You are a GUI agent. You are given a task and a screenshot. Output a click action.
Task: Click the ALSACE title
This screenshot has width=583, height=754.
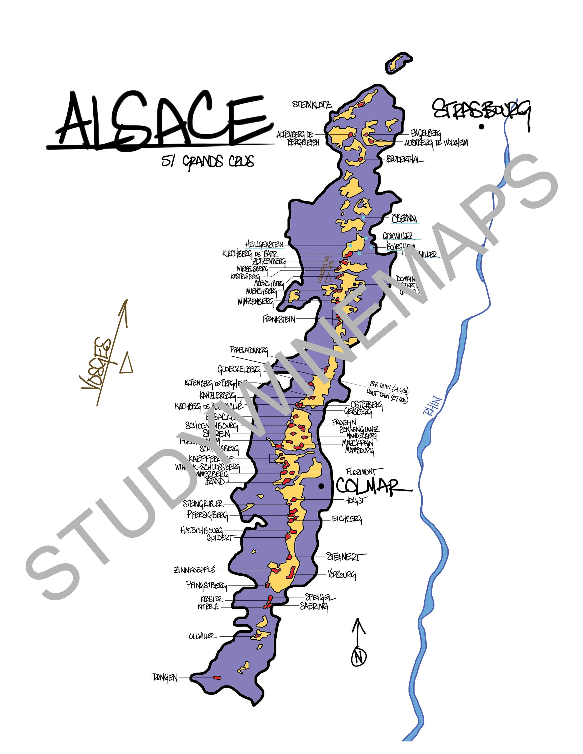pyautogui.click(x=162, y=121)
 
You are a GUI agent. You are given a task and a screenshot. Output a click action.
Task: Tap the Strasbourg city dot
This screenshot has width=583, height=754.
pyautogui.click(x=481, y=127)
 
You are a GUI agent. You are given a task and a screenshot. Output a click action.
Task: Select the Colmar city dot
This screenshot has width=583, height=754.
pyautogui.click(x=321, y=486)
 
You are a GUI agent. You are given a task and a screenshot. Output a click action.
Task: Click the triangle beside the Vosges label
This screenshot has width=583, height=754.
pyautogui.click(x=127, y=363)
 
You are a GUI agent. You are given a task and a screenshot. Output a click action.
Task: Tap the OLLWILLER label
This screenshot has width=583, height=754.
pyautogui.click(x=203, y=636)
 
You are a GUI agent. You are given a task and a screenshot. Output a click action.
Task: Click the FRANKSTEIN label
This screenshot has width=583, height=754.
pyautogui.click(x=279, y=319)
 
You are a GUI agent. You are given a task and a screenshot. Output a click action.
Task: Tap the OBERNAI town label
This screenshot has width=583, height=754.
pyautogui.click(x=404, y=219)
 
